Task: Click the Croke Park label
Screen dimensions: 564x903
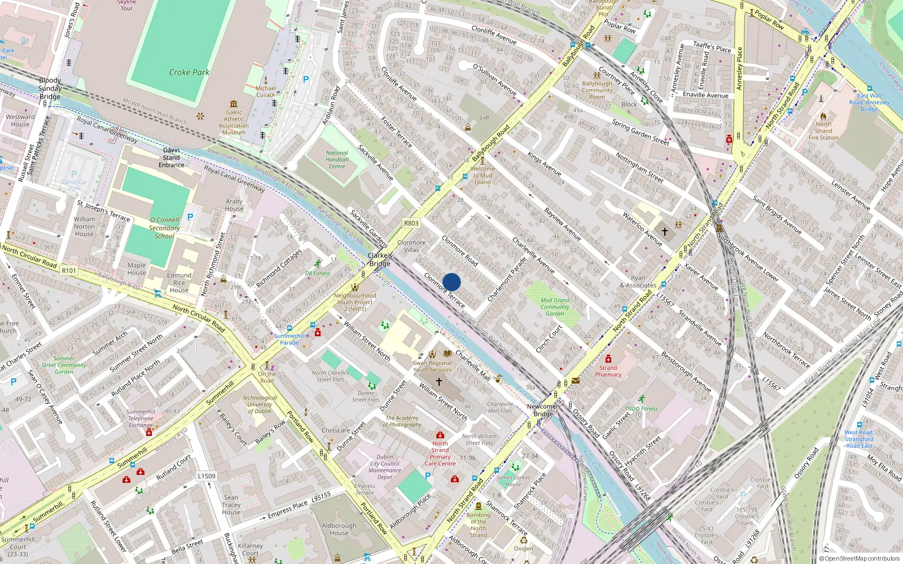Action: [x=189, y=72]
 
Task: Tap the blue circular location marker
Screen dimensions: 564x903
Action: [x=451, y=282]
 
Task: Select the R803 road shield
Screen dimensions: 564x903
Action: [x=411, y=223]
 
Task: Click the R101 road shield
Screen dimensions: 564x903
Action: [x=69, y=271]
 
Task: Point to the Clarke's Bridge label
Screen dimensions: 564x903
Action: [x=380, y=259]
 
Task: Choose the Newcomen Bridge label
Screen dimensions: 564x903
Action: [x=543, y=410]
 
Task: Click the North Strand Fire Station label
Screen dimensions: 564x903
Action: [x=823, y=131]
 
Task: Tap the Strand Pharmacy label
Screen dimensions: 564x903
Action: [x=608, y=371]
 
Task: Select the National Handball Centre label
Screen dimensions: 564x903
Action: [x=337, y=160]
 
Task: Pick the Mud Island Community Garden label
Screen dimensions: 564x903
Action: [x=555, y=307]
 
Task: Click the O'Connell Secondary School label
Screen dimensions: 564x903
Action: [x=164, y=228]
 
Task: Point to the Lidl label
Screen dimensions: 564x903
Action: [x=484, y=118]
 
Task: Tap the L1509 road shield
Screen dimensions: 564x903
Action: [x=207, y=476]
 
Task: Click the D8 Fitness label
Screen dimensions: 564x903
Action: [x=318, y=274]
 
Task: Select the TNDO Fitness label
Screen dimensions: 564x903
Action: [x=641, y=409]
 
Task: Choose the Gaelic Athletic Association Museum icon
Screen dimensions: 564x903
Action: [x=234, y=104]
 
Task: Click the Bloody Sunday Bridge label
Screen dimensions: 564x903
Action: [x=50, y=89]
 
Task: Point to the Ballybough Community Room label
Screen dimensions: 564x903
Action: [x=597, y=90]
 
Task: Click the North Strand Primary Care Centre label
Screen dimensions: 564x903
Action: [x=440, y=453]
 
